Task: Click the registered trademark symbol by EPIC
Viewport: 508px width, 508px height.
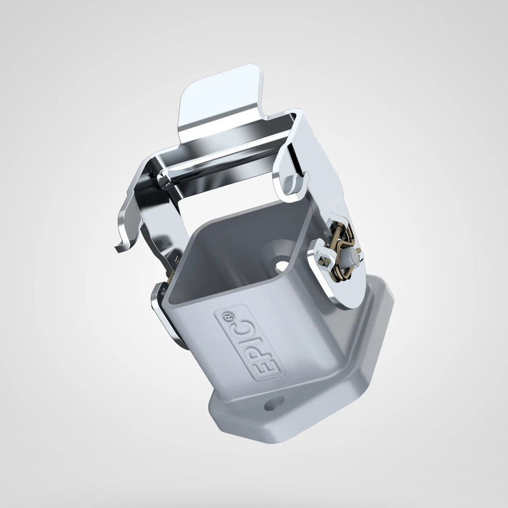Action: [228, 316]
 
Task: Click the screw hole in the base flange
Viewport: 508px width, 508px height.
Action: [274, 403]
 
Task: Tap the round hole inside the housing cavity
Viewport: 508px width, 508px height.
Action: [283, 265]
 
